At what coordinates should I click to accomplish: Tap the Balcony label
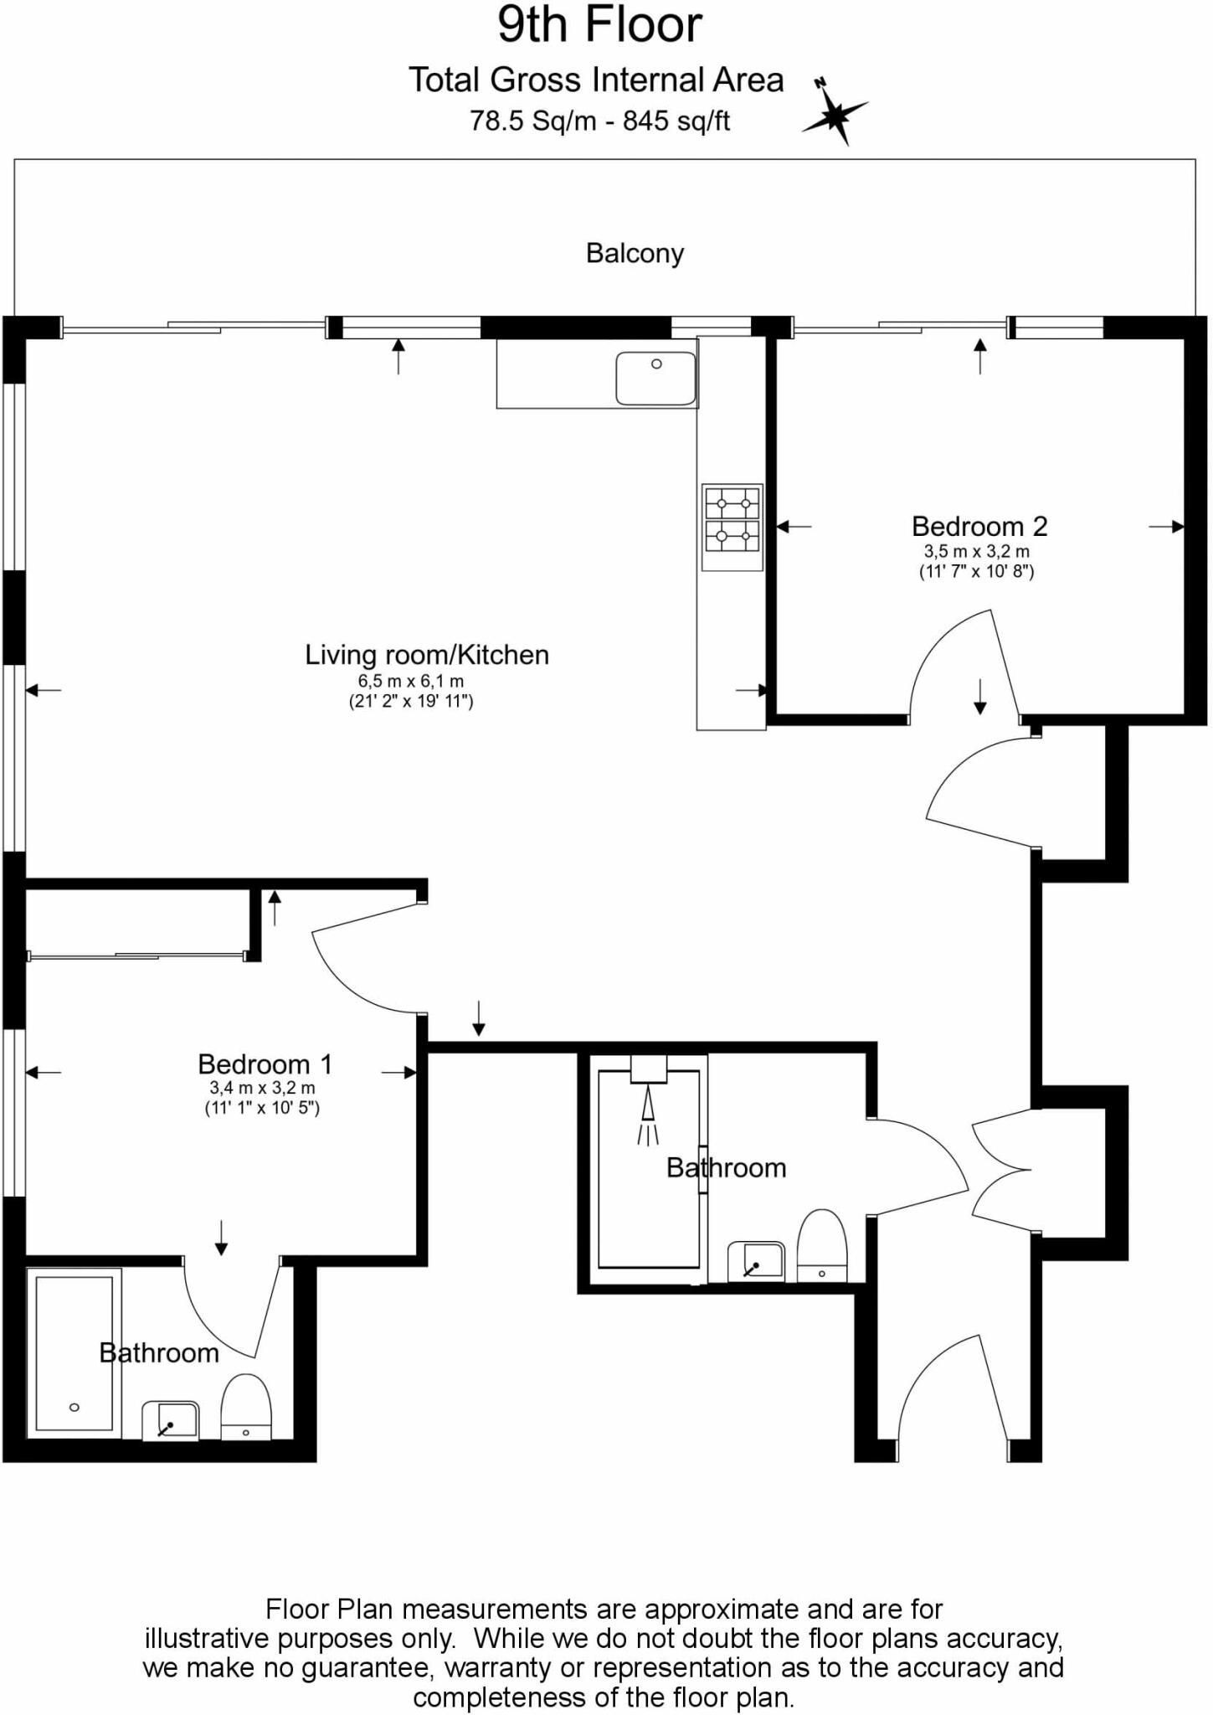click(635, 253)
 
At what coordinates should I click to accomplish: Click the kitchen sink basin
click(655, 379)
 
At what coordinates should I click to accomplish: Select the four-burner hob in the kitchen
click(732, 519)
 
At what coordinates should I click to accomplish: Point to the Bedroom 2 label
click(979, 527)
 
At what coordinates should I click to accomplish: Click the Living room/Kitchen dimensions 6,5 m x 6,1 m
click(410, 682)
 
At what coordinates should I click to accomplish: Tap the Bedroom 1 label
click(265, 1064)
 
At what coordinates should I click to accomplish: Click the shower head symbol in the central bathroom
click(648, 1105)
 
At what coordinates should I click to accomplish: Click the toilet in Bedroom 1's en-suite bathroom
click(245, 1406)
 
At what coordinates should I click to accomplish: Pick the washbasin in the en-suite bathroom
click(171, 1420)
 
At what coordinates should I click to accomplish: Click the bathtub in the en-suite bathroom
click(74, 1353)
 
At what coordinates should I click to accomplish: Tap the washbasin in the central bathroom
click(756, 1261)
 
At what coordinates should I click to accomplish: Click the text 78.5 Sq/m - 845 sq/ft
click(599, 121)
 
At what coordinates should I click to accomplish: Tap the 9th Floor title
click(599, 25)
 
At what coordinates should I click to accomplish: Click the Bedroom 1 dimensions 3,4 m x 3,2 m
click(262, 1089)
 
